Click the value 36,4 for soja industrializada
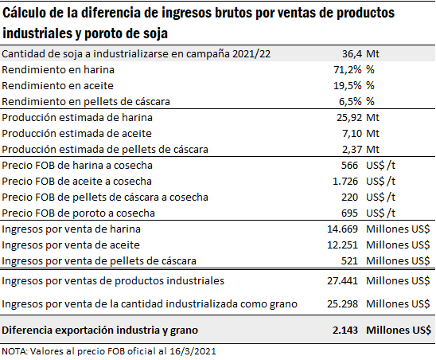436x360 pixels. (x=352, y=53)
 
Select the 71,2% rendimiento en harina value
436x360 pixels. (x=348, y=69)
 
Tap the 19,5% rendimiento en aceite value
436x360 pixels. (x=348, y=85)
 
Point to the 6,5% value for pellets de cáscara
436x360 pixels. (x=350, y=101)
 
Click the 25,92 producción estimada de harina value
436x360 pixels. (x=349, y=118)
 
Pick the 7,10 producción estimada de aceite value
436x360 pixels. (x=352, y=133)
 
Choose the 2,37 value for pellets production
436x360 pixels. (x=352, y=149)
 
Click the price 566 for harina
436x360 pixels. (x=349, y=166)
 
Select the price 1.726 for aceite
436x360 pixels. (x=345, y=182)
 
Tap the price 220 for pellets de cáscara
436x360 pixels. (x=349, y=197)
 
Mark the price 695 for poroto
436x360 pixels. (x=349, y=213)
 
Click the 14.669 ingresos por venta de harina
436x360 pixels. (x=343, y=229)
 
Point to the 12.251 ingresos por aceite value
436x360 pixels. (x=343, y=245)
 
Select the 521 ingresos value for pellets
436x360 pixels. (x=349, y=261)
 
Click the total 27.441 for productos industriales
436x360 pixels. (x=343, y=280)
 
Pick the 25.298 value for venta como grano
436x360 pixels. (x=343, y=303)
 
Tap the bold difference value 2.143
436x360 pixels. (x=345, y=331)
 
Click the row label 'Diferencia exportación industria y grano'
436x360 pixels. (x=99, y=331)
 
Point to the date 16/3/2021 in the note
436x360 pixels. (x=193, y=351)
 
